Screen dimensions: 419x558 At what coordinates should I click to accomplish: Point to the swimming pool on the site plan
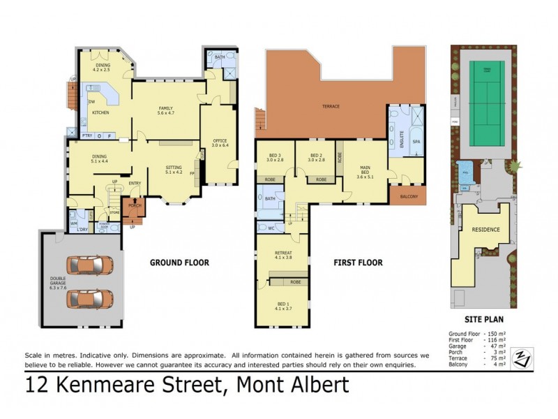tap(465, 170)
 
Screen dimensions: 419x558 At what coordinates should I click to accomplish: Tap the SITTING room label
tap(174, 168)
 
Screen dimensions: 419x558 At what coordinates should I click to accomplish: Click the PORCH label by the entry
tap(135, 206)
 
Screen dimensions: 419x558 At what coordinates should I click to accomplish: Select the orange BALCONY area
tap(409, 197)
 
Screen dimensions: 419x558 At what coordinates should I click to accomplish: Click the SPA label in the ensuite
tap(417, 141)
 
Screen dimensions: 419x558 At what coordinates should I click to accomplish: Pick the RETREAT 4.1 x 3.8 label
tap(282, 255)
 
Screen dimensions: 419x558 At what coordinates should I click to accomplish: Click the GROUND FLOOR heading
tap(180, 263)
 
